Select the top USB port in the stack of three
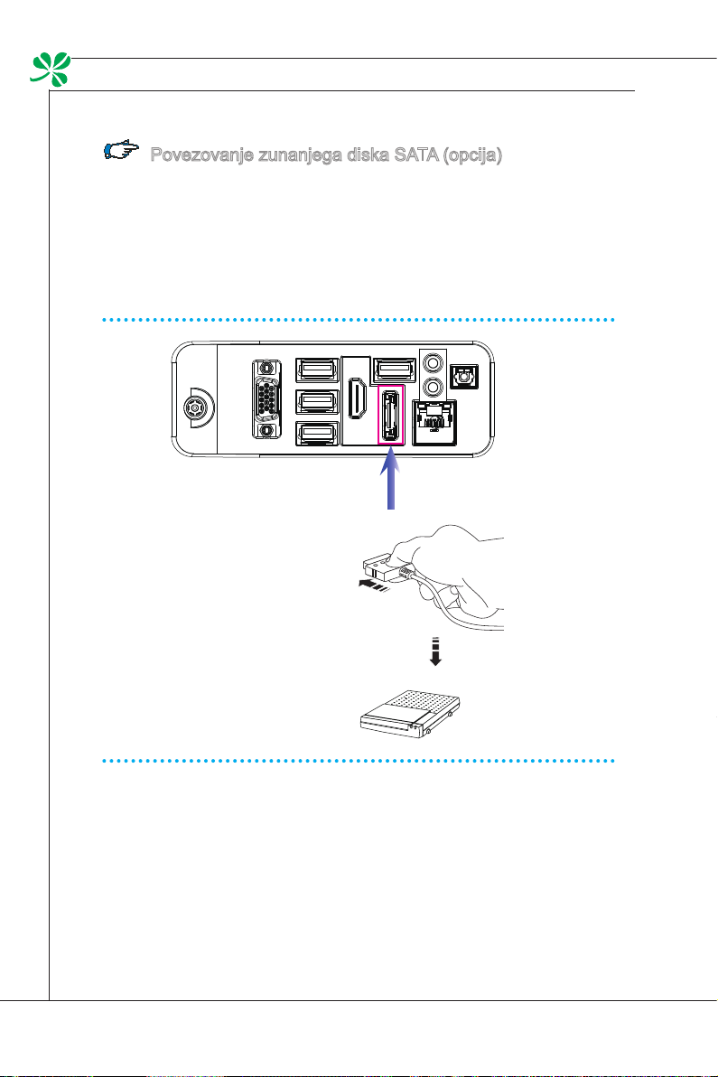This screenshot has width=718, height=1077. pos(319,370)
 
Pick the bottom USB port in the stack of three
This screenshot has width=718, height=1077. pos(319,435)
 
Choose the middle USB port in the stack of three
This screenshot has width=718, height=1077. pos(319,401)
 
